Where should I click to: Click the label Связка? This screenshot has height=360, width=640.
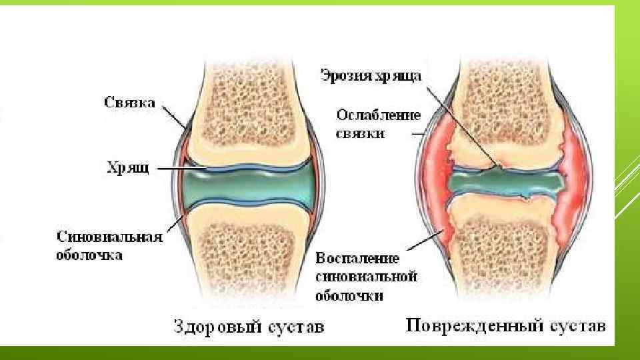pos(130,103)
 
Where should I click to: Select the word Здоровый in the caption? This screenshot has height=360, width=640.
pos(213,327)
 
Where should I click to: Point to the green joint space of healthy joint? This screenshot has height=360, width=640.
pos(250,184)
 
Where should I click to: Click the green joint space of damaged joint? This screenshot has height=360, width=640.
pos(507,181)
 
